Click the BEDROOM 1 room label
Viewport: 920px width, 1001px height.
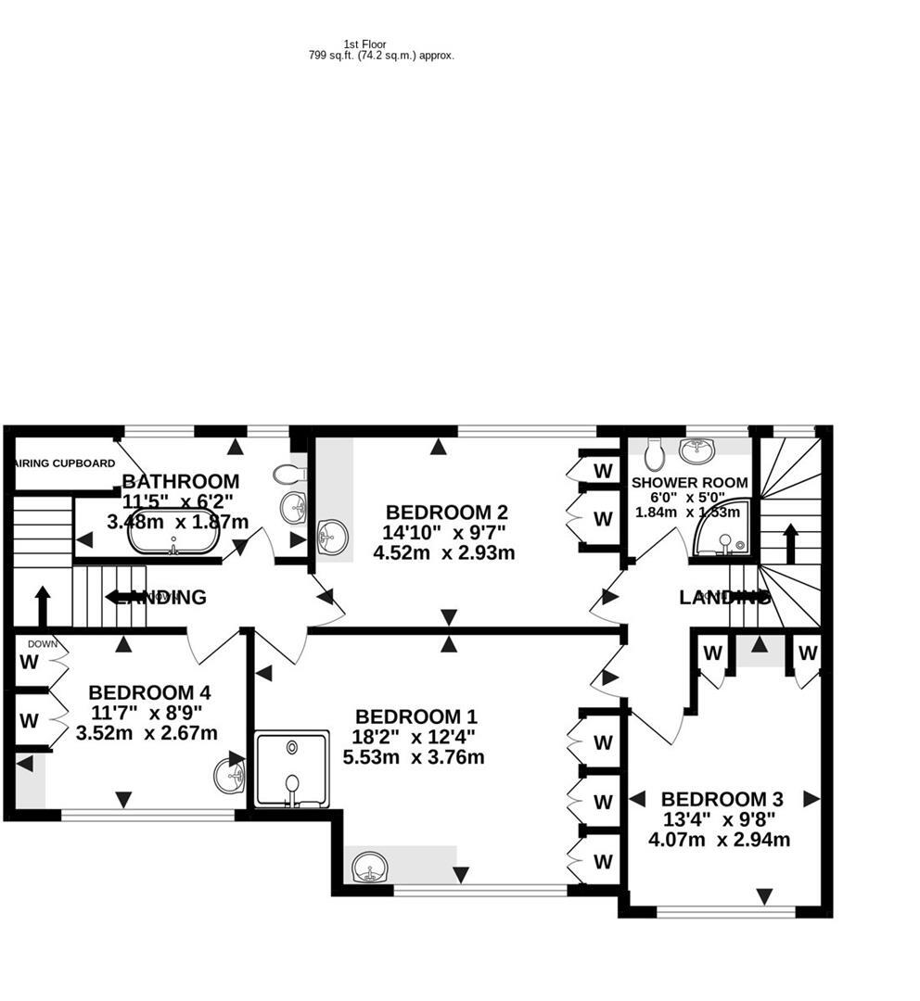coord(416,716)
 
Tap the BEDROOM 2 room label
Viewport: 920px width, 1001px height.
coord(447,512)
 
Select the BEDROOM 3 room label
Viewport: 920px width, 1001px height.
coord(722,799)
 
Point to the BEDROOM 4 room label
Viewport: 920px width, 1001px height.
coord(149,692)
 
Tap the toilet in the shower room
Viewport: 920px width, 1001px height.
coord(654,453)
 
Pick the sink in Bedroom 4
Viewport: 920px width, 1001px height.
coord(229,775)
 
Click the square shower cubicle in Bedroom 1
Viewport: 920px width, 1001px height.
coord(292,769)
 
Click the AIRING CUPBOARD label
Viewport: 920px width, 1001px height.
coord(65,463)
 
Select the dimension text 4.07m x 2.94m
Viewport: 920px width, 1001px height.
coord(719,841)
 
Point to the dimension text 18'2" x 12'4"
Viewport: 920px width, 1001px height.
coord(415,737)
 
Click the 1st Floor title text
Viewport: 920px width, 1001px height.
coord(364,44)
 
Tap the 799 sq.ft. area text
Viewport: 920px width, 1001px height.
coord(381,56)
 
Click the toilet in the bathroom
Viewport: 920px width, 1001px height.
coord(289,475)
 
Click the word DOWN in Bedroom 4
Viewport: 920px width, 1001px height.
coord(43,643)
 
